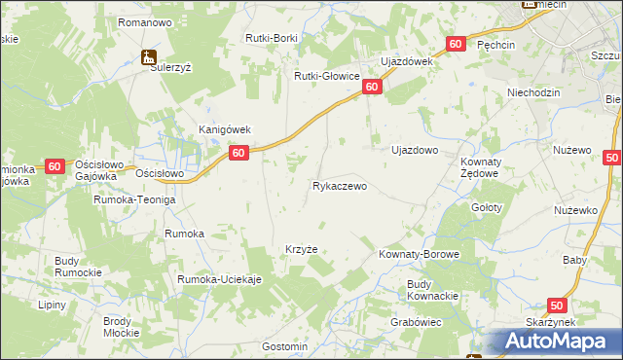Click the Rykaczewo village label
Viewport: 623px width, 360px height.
(340, 185)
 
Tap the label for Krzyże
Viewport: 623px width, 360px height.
(301, 249)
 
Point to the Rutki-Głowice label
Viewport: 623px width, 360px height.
(327, 75)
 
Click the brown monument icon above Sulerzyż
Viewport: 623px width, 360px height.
(148, 56)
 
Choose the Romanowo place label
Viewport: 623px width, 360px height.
(144, 21)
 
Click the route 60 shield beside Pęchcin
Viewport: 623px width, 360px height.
(456, 45)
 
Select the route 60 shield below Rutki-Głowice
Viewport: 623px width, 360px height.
(372, 88)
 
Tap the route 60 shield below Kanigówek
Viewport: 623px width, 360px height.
(238, 153)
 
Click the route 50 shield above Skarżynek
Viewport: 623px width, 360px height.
(556, 305)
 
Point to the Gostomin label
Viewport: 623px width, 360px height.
(285, 346)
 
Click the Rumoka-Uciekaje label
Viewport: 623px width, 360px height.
(219, 279)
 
